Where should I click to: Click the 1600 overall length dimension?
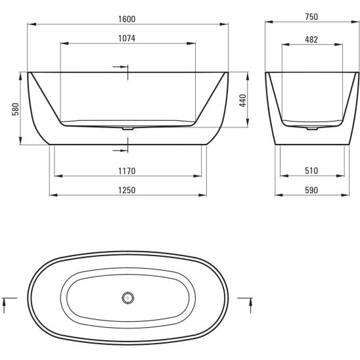[x=127, y=19]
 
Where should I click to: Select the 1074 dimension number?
[x=127, y=38]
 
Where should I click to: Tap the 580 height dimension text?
[x=16, y=109]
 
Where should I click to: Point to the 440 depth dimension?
[x=242, y=101]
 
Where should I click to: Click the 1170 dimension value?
[x=127, y=171]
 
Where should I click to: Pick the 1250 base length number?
[x=127, y=191]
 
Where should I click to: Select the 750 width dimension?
[x=311, y=17]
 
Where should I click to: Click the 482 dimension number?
[x=311, y=39]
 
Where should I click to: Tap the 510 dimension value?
[x=311, y=171]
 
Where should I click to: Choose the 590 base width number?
[x=311, y=191]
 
